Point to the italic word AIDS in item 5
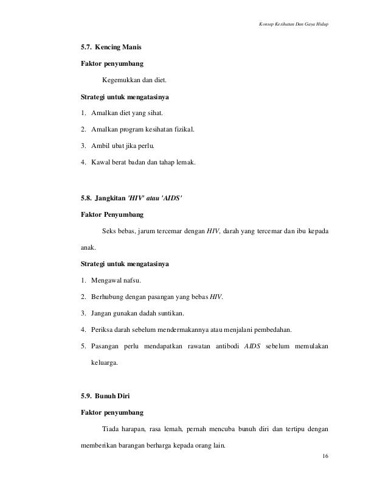coord(255,346)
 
